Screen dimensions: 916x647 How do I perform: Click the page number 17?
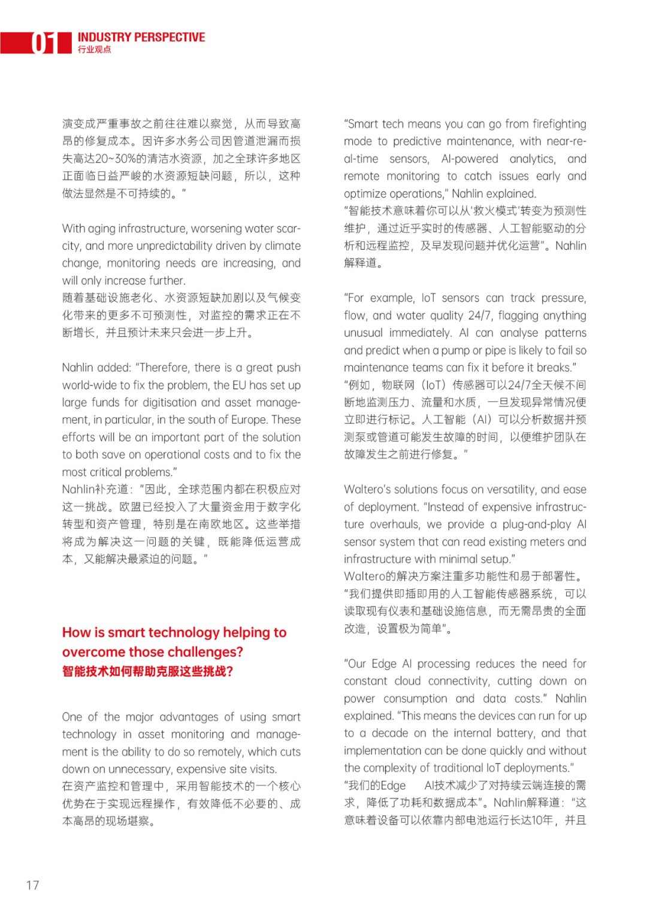pos(33,885)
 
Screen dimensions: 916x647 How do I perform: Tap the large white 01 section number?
pos(44,43)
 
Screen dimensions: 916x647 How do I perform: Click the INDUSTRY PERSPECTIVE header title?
pos(141,37)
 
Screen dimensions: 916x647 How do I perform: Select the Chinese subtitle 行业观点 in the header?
pos(94,50)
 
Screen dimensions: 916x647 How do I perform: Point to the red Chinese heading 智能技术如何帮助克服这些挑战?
pos(147,671)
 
